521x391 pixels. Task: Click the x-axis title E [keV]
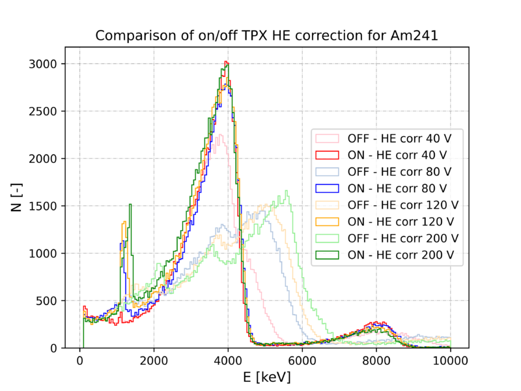tap(267, 377)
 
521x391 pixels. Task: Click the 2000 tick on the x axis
tap(154, 360)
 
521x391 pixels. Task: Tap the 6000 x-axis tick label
tap(302, 360)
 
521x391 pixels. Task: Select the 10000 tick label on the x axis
tap(450, 360)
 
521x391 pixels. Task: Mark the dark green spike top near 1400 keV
tap(130, 205)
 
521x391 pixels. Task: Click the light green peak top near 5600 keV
tap(287, 191)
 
